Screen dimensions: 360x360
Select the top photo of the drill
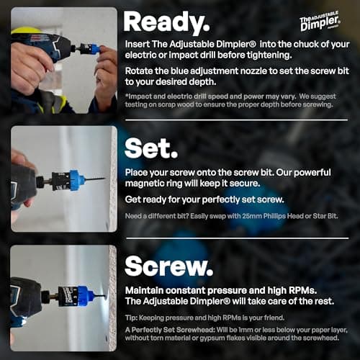point(63,60)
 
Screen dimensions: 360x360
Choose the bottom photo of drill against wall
point(63,297)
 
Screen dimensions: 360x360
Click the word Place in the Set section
point(137,173)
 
